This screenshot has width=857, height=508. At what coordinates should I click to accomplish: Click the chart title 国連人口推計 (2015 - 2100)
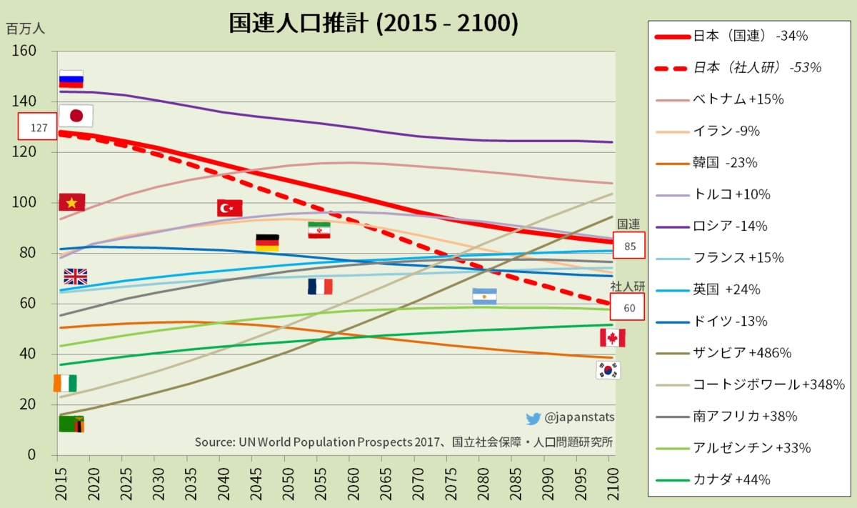(373, 23)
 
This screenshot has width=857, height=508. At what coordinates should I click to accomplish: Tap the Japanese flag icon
(76, 115)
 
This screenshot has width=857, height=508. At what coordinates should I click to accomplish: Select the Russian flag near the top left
(71, 79)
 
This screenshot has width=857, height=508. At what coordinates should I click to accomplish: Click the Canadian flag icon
(612, 338)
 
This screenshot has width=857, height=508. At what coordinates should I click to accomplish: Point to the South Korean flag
(608, 370)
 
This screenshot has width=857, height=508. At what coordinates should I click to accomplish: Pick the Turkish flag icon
(229, 208)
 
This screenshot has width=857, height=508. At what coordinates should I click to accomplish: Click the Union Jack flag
(75, 277)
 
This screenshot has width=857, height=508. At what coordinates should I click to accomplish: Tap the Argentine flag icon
(484, 297)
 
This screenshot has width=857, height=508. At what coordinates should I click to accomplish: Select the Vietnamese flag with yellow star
(71, 203)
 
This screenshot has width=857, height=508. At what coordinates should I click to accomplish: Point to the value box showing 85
(629, 245)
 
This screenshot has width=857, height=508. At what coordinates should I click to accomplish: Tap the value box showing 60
(629, 308)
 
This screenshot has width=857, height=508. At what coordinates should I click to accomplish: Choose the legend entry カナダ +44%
(732, 480)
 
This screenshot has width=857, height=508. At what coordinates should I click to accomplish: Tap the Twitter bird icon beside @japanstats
(533, 419)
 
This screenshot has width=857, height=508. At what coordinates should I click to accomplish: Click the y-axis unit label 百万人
(26, 29)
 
